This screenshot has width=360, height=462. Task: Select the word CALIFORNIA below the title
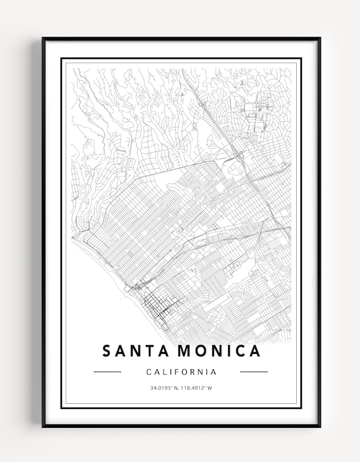pyautogui.click(x=181, y=372)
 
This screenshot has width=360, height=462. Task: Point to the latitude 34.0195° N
pyautogui.click(x=164, y=387)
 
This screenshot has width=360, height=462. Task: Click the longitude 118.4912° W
pyautogui.click(x=196, y=387)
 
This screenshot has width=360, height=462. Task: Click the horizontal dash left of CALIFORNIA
pyautogui.click(x=107, y=372)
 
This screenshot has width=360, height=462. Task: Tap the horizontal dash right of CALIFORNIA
pyautogui.click(x=254, y=372)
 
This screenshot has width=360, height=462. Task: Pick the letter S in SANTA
pyautogui.click(x=106, y=351)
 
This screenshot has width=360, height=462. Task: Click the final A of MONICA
pyautogui.click(x=254, y=351)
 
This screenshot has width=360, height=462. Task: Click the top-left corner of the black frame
pyautogui.click(x=44, y=39)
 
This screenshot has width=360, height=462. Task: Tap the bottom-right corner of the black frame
pyautogui.click(x=320, y=427)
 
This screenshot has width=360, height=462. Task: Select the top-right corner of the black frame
pyautogui.click(x=320, y=39)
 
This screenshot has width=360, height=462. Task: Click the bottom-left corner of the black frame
pyautogui.click(x=44, y=427)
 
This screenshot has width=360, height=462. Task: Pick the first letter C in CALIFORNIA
pyautogui.click(x=148, y=372)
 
